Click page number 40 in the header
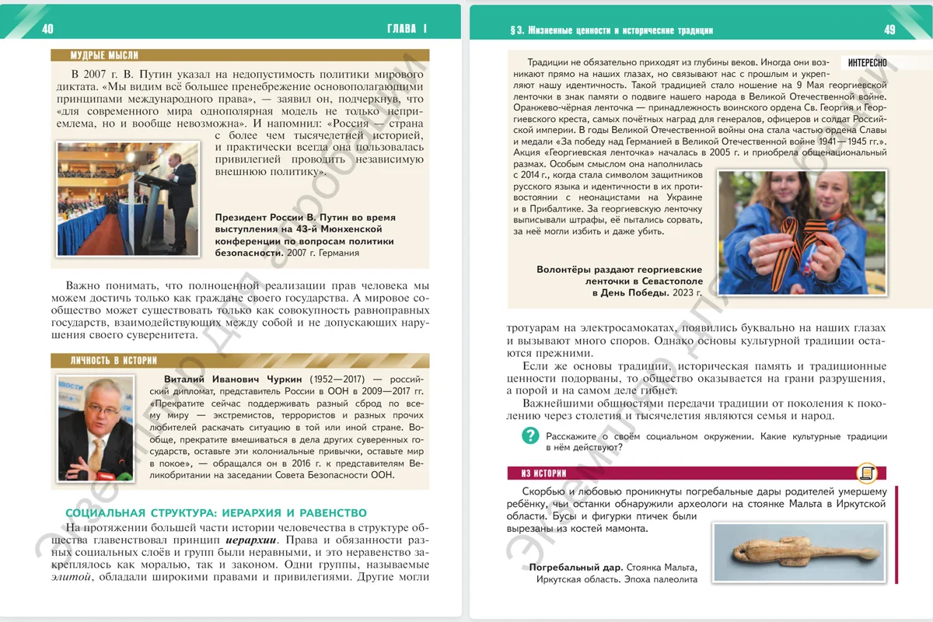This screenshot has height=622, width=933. (47, 30)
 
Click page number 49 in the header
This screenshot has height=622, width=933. (890, 30)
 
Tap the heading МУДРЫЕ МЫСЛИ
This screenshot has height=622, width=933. (104, 55)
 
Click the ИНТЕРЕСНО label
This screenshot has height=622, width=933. (867, 63)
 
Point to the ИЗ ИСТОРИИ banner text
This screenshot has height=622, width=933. (538, 473)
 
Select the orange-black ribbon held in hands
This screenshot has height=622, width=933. (797, 237)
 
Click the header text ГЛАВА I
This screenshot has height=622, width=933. (407, 30)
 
